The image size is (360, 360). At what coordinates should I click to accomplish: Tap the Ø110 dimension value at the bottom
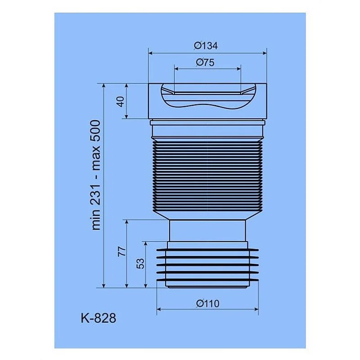coord(207,303)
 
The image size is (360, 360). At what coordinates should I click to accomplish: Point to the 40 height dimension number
coord(120,101)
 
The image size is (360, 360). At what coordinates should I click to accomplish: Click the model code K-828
coord(98,318)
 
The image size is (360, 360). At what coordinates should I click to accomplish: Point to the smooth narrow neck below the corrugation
coord(207,230)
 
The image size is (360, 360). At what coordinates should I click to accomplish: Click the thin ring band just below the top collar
coord(207,122)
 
